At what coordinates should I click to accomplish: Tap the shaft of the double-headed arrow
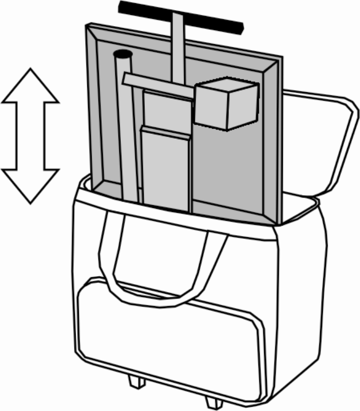click(30, 136)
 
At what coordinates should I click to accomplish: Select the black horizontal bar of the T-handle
click(181, 15)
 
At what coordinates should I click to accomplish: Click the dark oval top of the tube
click(123, 54)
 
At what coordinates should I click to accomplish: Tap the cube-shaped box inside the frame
click(226, 107)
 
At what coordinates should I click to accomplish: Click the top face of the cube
click(226, 85)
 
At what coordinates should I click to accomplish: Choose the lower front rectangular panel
click(166, 168)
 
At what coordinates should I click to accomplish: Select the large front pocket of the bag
click(170, 336)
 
